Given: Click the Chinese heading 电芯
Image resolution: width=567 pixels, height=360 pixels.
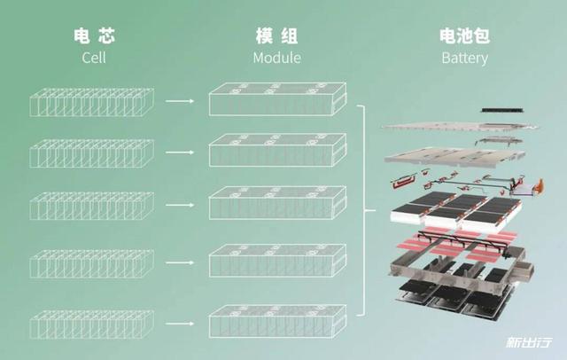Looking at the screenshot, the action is (95, 35).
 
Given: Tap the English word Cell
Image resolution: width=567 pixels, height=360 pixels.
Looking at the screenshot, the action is (94, 58).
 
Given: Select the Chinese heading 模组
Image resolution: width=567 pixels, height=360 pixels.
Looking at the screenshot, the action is (276, 35).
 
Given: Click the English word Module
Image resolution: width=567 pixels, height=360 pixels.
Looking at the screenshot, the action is (277, 58).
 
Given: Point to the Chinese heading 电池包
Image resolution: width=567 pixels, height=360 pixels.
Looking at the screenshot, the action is (464, 35).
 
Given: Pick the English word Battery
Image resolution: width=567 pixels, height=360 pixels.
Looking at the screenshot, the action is (464, 59).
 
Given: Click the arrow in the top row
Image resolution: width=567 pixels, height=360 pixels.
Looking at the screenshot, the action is (180, 101).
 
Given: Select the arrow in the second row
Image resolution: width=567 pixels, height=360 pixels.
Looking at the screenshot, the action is (180, 153).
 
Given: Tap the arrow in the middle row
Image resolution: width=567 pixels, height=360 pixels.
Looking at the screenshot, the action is (180, 205).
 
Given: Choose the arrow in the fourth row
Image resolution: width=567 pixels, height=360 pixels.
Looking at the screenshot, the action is (180, 262).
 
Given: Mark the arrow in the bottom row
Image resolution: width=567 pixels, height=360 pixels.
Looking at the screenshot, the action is (180, 323).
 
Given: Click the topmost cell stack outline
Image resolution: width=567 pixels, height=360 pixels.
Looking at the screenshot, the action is (92, 102).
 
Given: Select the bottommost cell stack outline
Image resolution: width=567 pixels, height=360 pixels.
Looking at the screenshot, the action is (92, 325).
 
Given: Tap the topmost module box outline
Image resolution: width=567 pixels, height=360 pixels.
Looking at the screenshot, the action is (277, 99).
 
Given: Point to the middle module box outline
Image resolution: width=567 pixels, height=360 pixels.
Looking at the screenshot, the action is (277, 203).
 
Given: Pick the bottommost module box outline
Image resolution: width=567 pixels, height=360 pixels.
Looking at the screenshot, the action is (277, 321).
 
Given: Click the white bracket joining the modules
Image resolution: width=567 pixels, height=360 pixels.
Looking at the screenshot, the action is (366, 210).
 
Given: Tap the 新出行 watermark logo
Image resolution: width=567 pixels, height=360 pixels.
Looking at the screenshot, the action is (529, 342).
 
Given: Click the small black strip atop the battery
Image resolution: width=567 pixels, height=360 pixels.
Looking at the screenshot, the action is (502, 110).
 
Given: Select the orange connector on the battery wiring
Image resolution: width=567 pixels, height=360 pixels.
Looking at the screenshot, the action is (539, 185).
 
